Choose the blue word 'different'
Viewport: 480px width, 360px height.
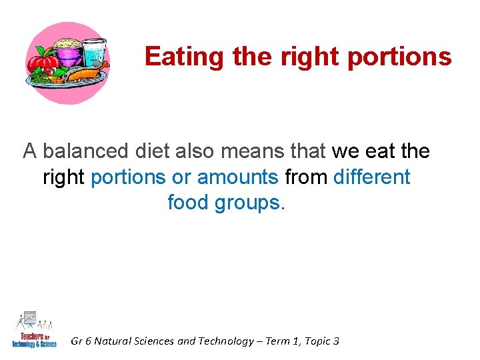click(x=371, y=177)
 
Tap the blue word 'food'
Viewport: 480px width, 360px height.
click(x=188, y=202)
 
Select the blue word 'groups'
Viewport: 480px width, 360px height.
click(x=247, y=203)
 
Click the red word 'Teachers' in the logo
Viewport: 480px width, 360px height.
click(x=27, y=335)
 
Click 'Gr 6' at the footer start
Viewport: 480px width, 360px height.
click(x=81, y=341)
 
